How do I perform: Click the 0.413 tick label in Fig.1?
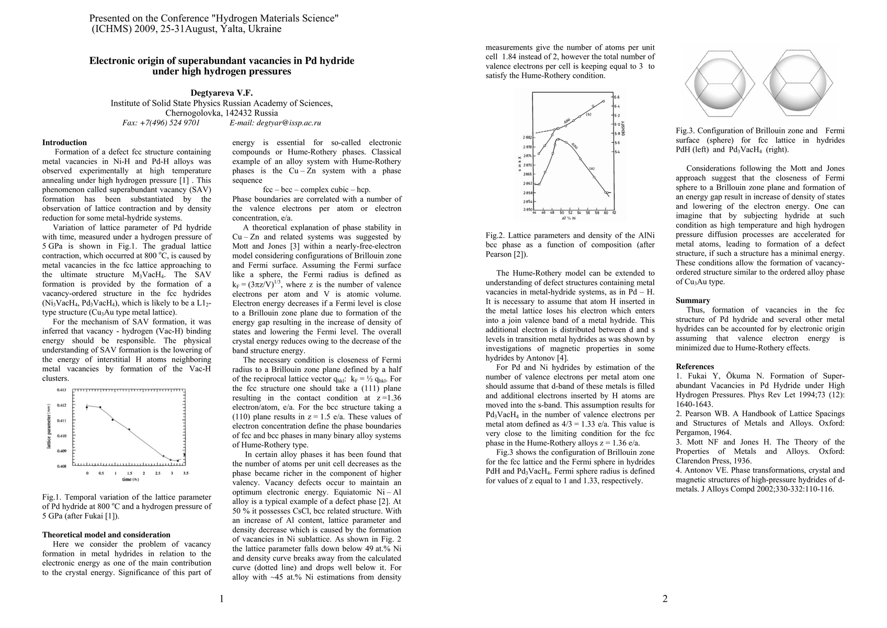pos(62,390)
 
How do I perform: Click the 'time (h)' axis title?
pos(130,479)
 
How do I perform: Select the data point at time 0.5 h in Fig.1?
pos(100,407)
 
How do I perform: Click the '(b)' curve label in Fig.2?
pos(588,114)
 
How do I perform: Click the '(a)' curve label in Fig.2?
pos(592,169)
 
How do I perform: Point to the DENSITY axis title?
pos(623,128)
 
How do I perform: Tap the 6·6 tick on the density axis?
pos(617,97)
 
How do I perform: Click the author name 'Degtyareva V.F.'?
pos(221,93)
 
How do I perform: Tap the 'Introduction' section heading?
pos(64,142)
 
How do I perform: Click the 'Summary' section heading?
pos(692,300)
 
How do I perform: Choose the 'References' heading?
pos(695,366)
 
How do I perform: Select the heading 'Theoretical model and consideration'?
pos(106,535)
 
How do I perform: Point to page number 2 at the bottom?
pos(665,599)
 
